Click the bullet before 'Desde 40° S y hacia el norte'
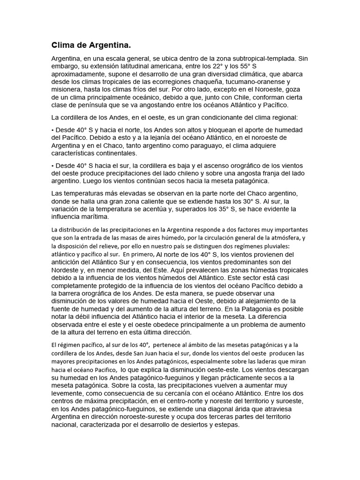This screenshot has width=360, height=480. [x=52, y=129]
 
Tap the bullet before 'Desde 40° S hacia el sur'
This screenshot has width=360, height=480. [x=52, y=166]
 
